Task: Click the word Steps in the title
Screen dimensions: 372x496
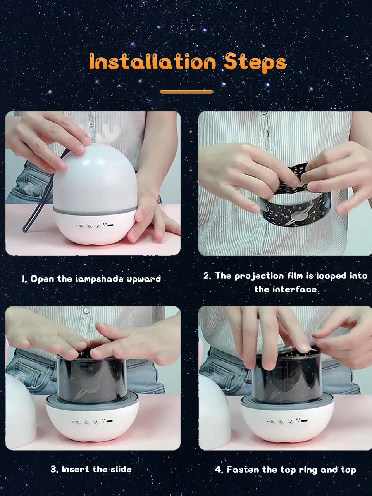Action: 255,63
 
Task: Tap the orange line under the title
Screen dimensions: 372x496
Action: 186,92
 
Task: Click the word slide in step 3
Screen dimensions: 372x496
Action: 121,469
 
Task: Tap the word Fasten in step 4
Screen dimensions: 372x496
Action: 243,470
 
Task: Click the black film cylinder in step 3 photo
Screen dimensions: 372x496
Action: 92,377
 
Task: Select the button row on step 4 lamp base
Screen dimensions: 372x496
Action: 287,421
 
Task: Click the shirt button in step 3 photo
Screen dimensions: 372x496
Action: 86,310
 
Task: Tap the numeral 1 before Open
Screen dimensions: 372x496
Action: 23,279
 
